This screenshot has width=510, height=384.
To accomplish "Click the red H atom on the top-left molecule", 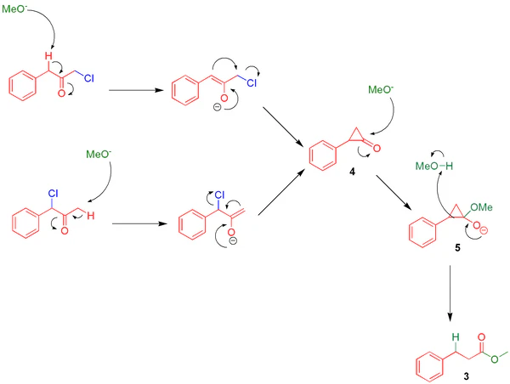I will [x=49, y=56].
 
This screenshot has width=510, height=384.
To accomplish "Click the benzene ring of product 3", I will [x=429, y=366].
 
